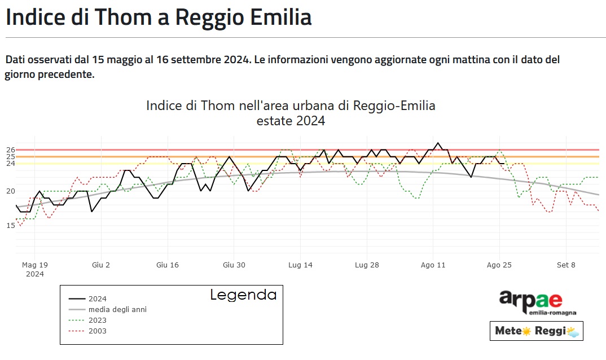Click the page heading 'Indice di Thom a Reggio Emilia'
(x=159, y=17)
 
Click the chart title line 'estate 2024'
(x=291, y=121)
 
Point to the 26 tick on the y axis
(x=11, y=150)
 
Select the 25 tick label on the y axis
(x=11, y=157)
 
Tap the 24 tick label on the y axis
(x=11, y=164)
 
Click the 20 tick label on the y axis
(x=11, y=191)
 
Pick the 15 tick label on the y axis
(x=11, y=226)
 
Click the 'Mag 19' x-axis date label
(x=35, y=265)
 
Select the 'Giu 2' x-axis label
(x=101, y=265)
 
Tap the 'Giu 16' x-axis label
(x=168, y=265)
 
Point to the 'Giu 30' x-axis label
(x=234, y=265)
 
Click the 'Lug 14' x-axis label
(x=300, y=265)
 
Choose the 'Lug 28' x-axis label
(x=367, y=265)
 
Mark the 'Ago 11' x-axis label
(x=433, y=265)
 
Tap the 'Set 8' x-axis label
(x=566, y=265)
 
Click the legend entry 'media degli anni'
(x=117, y=309)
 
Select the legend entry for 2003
(x=97, y=331)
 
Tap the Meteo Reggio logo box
(x=536, y=331)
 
